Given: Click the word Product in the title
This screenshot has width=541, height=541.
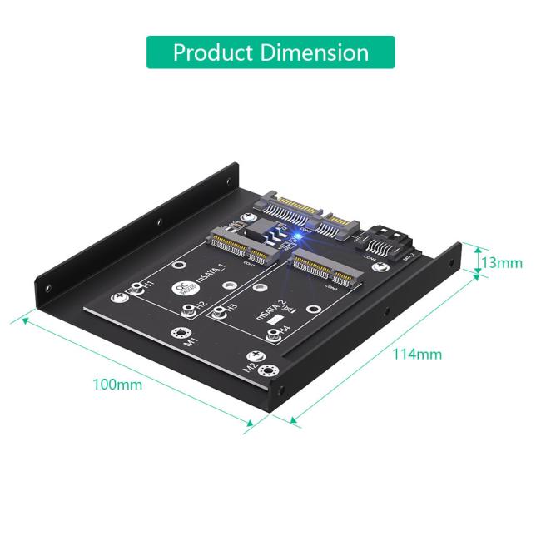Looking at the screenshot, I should coord(212,52).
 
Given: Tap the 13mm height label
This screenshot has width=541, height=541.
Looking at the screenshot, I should coord(502,263).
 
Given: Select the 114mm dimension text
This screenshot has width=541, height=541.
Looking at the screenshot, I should coord(417,354).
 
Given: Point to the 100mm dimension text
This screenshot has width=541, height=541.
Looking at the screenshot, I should coord(117,384).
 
